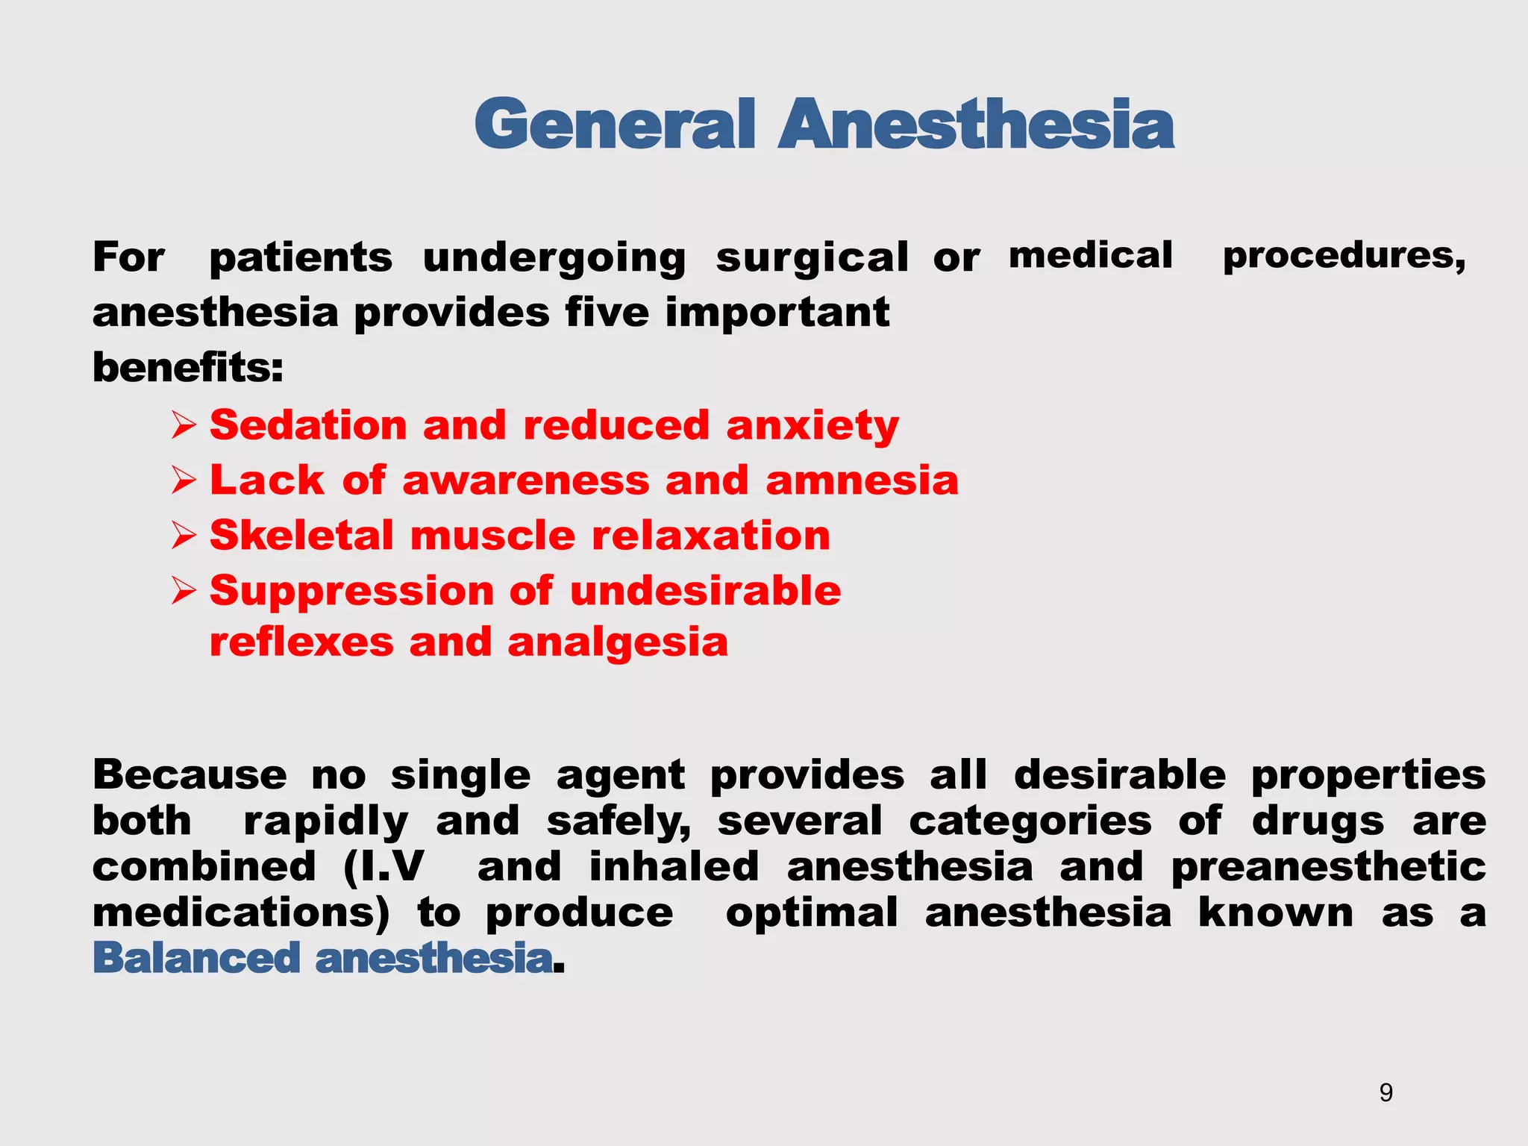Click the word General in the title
615,124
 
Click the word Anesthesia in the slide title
976,124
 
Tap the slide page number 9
1385,1092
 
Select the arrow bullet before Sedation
184,426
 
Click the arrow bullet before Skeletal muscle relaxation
184,536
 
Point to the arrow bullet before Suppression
184,592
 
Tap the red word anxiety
812,426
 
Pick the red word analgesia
617,642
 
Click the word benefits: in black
188,367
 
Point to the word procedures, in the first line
1344,257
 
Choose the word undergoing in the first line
554,258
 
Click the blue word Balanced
195,958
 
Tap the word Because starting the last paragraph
190,774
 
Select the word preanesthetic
1328,868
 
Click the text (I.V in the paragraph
383,867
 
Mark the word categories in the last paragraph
1030,822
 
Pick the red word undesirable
705,591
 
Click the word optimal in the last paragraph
812,912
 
